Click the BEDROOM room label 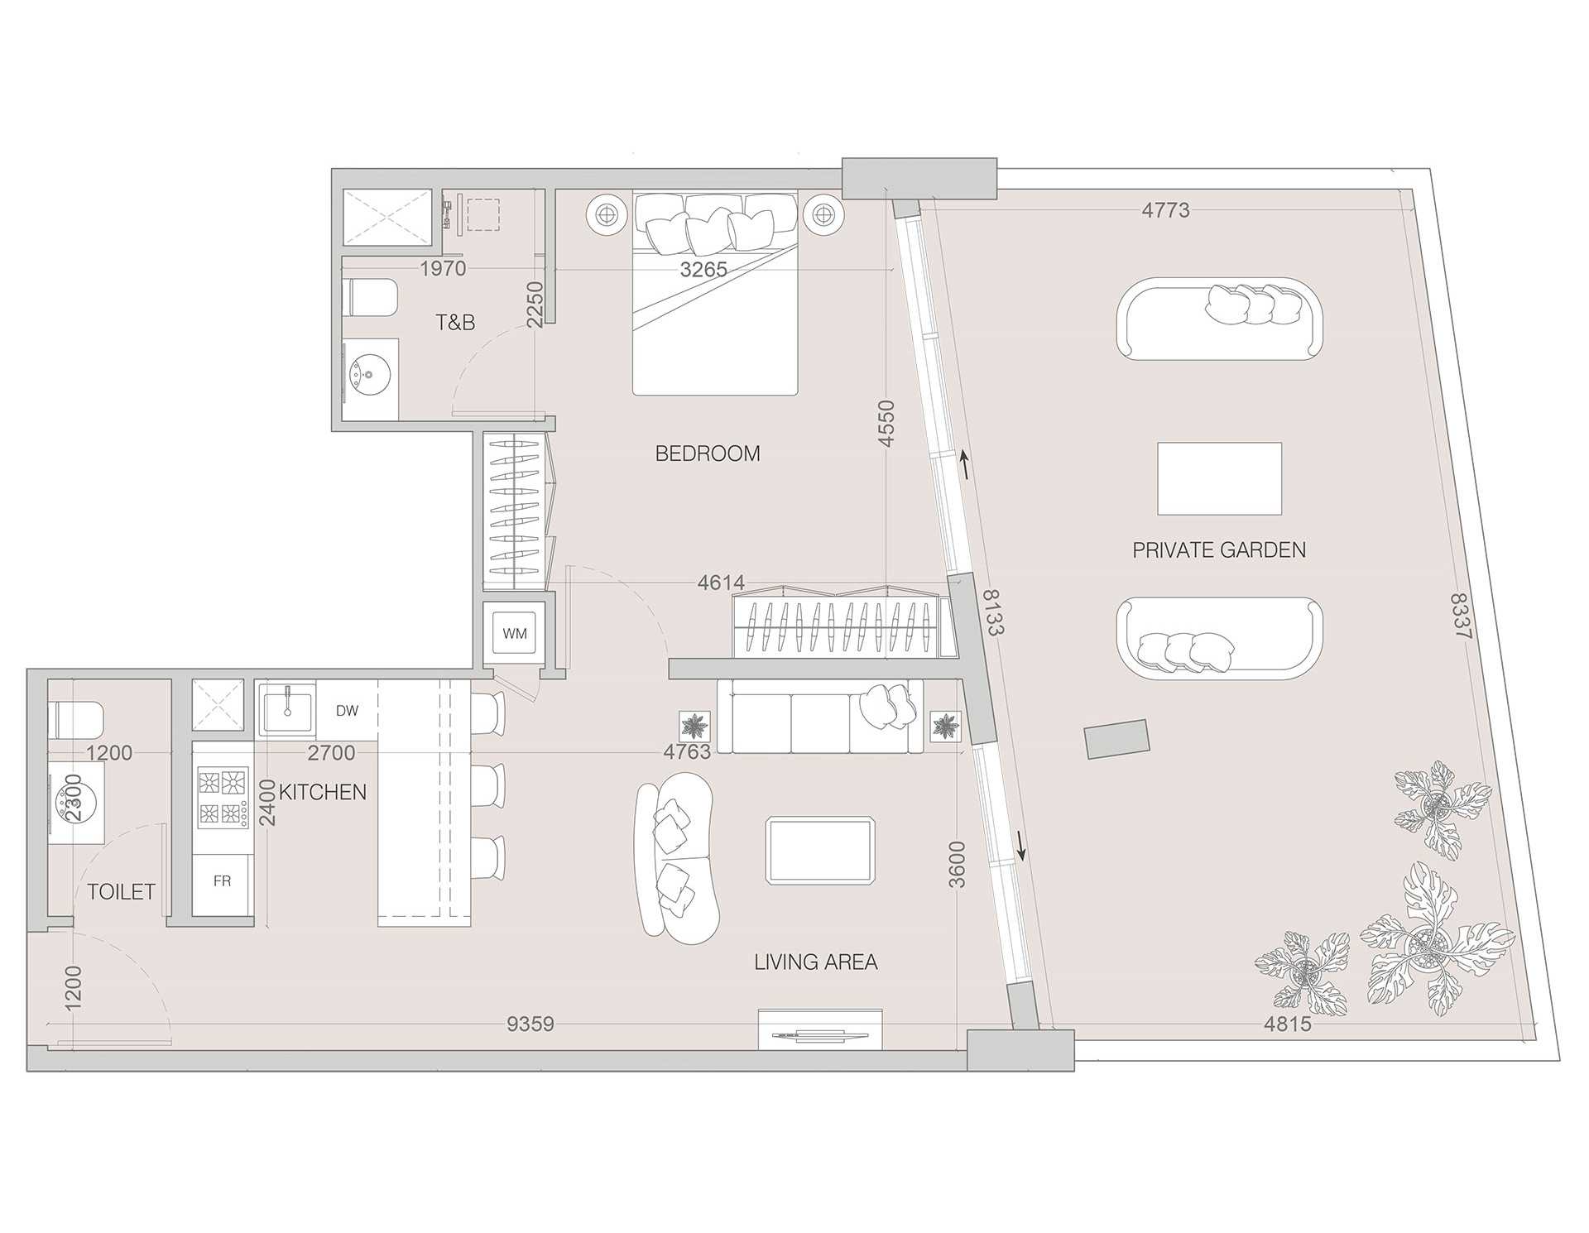(707, 453)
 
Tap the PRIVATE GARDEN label (1218, 550)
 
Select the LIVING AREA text (815, 962)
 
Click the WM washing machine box (514, 634)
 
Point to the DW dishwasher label (347, 711)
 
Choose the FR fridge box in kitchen (222, 881)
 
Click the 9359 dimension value (530, 1024)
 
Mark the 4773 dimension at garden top (1165, 210)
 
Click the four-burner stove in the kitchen (223, 798)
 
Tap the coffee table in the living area (819, 850)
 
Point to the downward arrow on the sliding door (1021, 845)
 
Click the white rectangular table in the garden (1219, 478)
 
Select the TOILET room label (122, 891)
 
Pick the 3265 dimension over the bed (703, 269)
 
